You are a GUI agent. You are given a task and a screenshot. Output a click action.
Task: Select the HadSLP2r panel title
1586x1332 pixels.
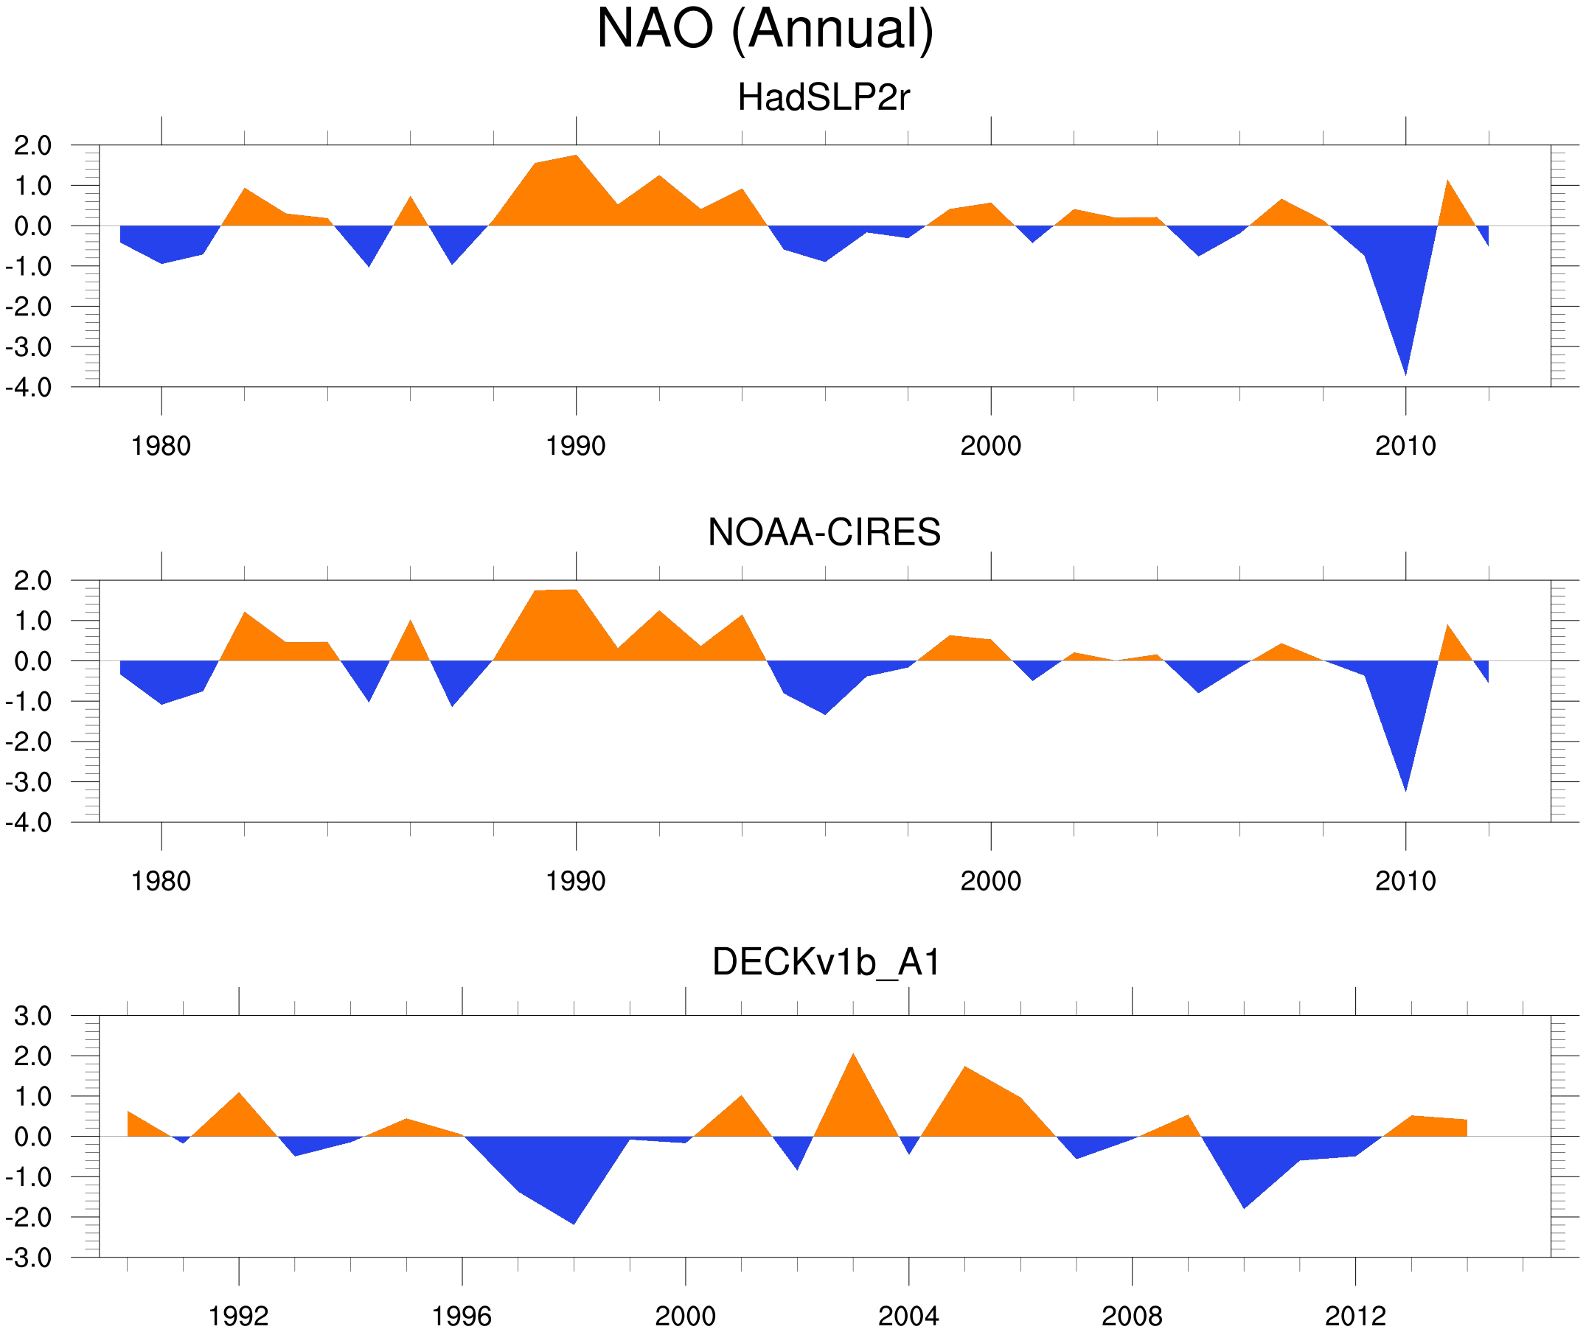[x=823, y=98]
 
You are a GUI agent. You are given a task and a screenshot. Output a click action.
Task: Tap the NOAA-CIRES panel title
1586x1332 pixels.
[x=824, y=532]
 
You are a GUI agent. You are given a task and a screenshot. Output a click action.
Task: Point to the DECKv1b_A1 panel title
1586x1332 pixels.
[x=827, y=963]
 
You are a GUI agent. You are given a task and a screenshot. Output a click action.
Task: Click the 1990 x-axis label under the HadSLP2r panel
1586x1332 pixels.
[x=576, y=446]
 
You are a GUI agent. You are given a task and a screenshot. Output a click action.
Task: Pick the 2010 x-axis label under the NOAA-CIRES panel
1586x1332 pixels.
[x=1405, y=881]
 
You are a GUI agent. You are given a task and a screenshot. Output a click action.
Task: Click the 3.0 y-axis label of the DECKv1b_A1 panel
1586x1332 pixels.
[x=33, y=1017]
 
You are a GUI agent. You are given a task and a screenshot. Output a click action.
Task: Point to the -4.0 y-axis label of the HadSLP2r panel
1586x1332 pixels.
[x=29, y=388]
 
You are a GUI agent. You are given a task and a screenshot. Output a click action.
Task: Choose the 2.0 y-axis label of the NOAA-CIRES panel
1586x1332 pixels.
[x=33, y=582]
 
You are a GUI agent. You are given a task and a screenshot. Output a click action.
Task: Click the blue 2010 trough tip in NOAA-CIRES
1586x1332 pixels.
[x=1405, y=788]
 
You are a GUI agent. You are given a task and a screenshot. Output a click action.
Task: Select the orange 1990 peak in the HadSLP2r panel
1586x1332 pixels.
[x=577, y=157]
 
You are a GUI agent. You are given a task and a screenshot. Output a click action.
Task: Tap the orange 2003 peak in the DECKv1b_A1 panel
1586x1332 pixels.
[x=853, y=1056]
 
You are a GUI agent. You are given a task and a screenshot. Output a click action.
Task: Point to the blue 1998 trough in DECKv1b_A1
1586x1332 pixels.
[x=574, y=1221]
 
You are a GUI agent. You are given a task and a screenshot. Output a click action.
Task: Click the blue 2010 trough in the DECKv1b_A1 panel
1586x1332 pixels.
[x=1244, y=1206]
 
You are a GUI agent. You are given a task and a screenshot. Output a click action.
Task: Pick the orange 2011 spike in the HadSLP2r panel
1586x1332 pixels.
[x=1447, y=182]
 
